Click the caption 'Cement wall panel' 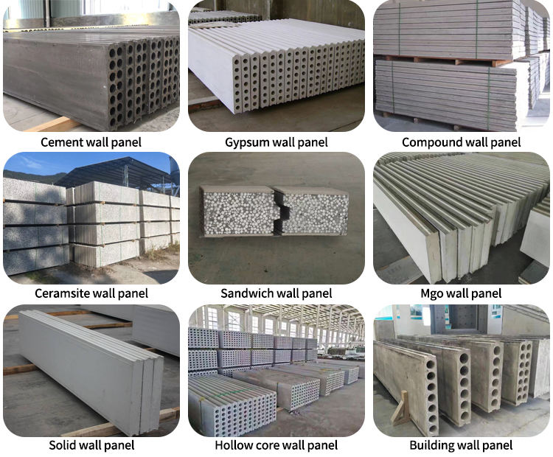91,142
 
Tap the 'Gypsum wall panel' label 276,142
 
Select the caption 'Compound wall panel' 462,142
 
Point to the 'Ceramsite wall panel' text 91,293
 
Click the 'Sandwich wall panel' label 276,293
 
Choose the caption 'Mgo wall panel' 462,293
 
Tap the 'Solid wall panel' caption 91,445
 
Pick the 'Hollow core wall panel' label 276,445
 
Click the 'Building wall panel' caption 462,445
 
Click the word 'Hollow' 233,445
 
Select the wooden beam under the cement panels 52,124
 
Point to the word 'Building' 433,445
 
